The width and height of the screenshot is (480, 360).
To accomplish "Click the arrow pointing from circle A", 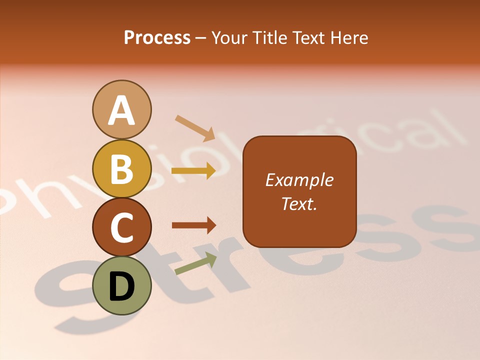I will coord(195,127).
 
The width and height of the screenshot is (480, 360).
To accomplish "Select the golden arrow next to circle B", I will coord(193,171).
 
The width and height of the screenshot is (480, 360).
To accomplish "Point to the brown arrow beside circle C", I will coord(193,225).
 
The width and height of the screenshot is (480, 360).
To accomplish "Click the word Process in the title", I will coord(157,37).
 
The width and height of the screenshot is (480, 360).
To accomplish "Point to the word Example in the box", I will coord(299,180).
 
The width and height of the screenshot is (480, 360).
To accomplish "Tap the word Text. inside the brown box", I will coord(299,203).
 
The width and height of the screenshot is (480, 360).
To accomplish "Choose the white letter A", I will coord(122,111).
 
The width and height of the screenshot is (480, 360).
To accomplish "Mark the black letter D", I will coord(122,287).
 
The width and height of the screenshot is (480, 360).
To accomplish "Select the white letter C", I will coord(122,228).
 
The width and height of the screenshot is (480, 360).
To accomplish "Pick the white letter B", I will coord(122,169).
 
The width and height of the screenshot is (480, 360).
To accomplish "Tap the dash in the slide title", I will coord(201,38).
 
